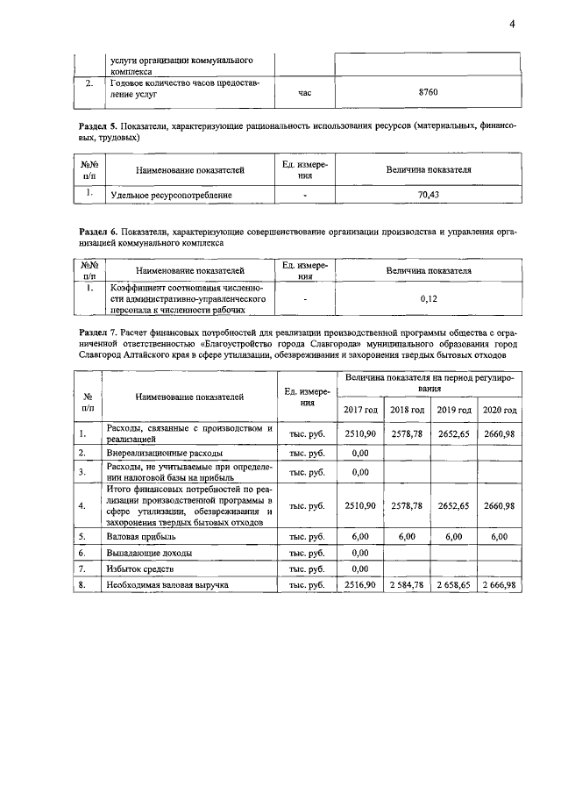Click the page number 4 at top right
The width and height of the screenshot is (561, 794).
pos(512,24)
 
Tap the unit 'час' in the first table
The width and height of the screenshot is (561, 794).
pos(304,91)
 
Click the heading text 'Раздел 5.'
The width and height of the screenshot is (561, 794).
pos(101,127)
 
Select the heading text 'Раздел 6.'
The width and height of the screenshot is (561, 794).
pos(101,231)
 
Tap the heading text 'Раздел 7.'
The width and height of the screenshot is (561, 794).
pos(101,334)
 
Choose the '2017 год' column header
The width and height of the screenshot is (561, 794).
pos(360,410)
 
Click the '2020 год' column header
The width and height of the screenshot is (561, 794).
pos(498,410)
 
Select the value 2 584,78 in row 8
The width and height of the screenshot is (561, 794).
pos(406,584)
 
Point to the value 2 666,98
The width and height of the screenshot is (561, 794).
pos(498,584)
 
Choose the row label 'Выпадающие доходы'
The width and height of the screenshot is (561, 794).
pos(149,553)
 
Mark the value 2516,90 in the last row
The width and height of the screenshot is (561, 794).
pos(360,584)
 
